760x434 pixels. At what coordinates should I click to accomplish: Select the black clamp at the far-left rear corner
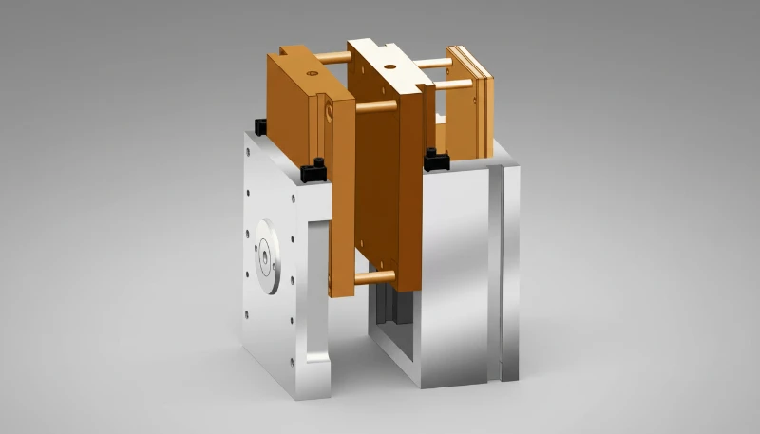(260, 123)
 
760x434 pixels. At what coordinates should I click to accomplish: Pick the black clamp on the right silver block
(435, 159)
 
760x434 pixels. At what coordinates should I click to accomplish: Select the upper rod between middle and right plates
(433, 64)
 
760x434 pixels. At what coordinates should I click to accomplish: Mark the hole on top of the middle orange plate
(389, 66)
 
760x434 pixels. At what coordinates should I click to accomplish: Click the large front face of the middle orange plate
(375, 190)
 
